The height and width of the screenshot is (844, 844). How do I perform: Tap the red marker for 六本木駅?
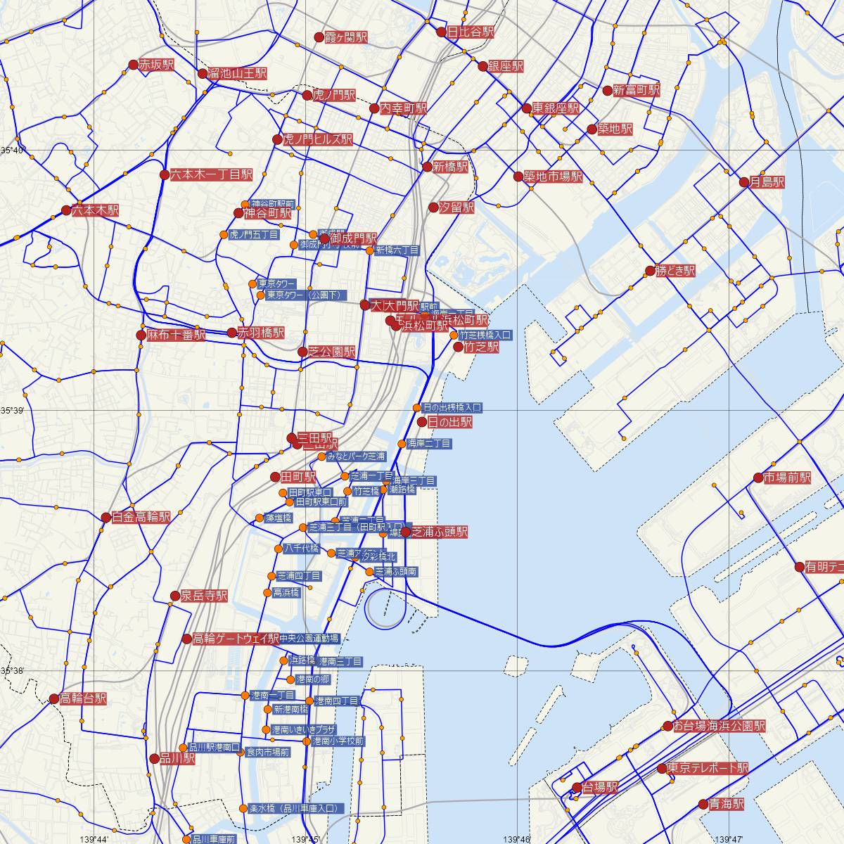pos(66,210)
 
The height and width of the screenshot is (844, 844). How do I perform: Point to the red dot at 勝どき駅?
pos(650,271)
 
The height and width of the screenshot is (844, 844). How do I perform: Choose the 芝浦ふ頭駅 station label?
pos(440,532)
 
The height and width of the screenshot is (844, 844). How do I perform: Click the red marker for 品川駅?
pos(155,758)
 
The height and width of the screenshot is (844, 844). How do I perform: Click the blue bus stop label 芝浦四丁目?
pos(299,575)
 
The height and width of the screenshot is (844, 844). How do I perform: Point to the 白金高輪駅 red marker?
pos(106,518)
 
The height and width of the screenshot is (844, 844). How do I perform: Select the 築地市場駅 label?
pos(553,177)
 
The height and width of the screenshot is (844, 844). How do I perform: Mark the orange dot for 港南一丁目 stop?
pos(245,696)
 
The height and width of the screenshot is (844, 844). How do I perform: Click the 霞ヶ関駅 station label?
pos(345,37)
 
